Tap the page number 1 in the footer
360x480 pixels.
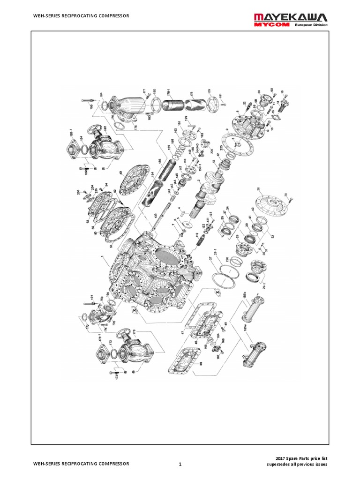(x=180, y=464)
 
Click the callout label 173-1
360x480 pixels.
(x=100, y=337)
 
